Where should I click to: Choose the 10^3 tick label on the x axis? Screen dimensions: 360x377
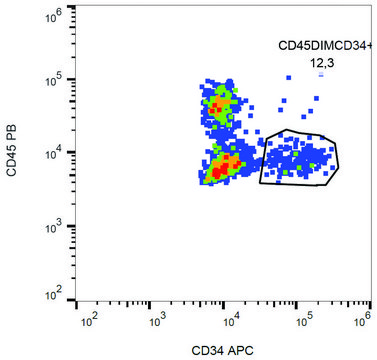159,321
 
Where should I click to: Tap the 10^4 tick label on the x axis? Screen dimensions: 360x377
229,321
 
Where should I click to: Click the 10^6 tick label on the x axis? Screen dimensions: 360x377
365,321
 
